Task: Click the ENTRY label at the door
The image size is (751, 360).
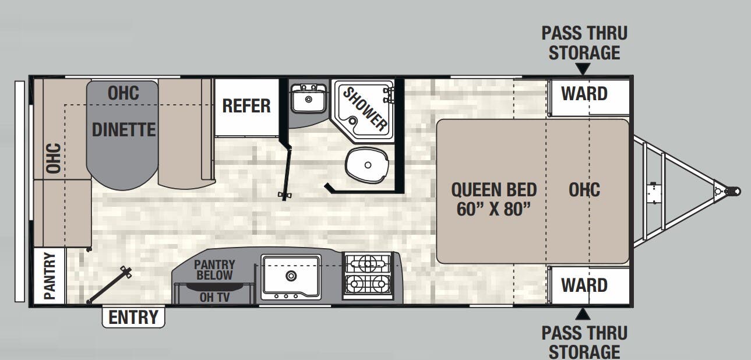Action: point(133,317)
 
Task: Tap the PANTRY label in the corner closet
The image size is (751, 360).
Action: point(50,276)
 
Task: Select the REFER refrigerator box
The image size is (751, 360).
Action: point(246,106)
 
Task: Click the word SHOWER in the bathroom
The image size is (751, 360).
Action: point(364,108)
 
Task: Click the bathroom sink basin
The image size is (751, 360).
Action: point(308,101)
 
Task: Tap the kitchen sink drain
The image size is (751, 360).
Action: point(290,276)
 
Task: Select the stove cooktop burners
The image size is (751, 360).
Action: point(368,275)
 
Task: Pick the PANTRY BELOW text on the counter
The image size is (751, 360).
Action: point(214,270)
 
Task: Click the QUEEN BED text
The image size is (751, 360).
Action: point(493,190)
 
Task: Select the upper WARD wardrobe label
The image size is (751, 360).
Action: point(584,93)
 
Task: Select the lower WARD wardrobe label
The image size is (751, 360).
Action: point(584,285)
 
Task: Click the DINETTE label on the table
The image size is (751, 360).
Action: point(124,129)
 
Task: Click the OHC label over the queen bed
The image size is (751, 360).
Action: point(584,190)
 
